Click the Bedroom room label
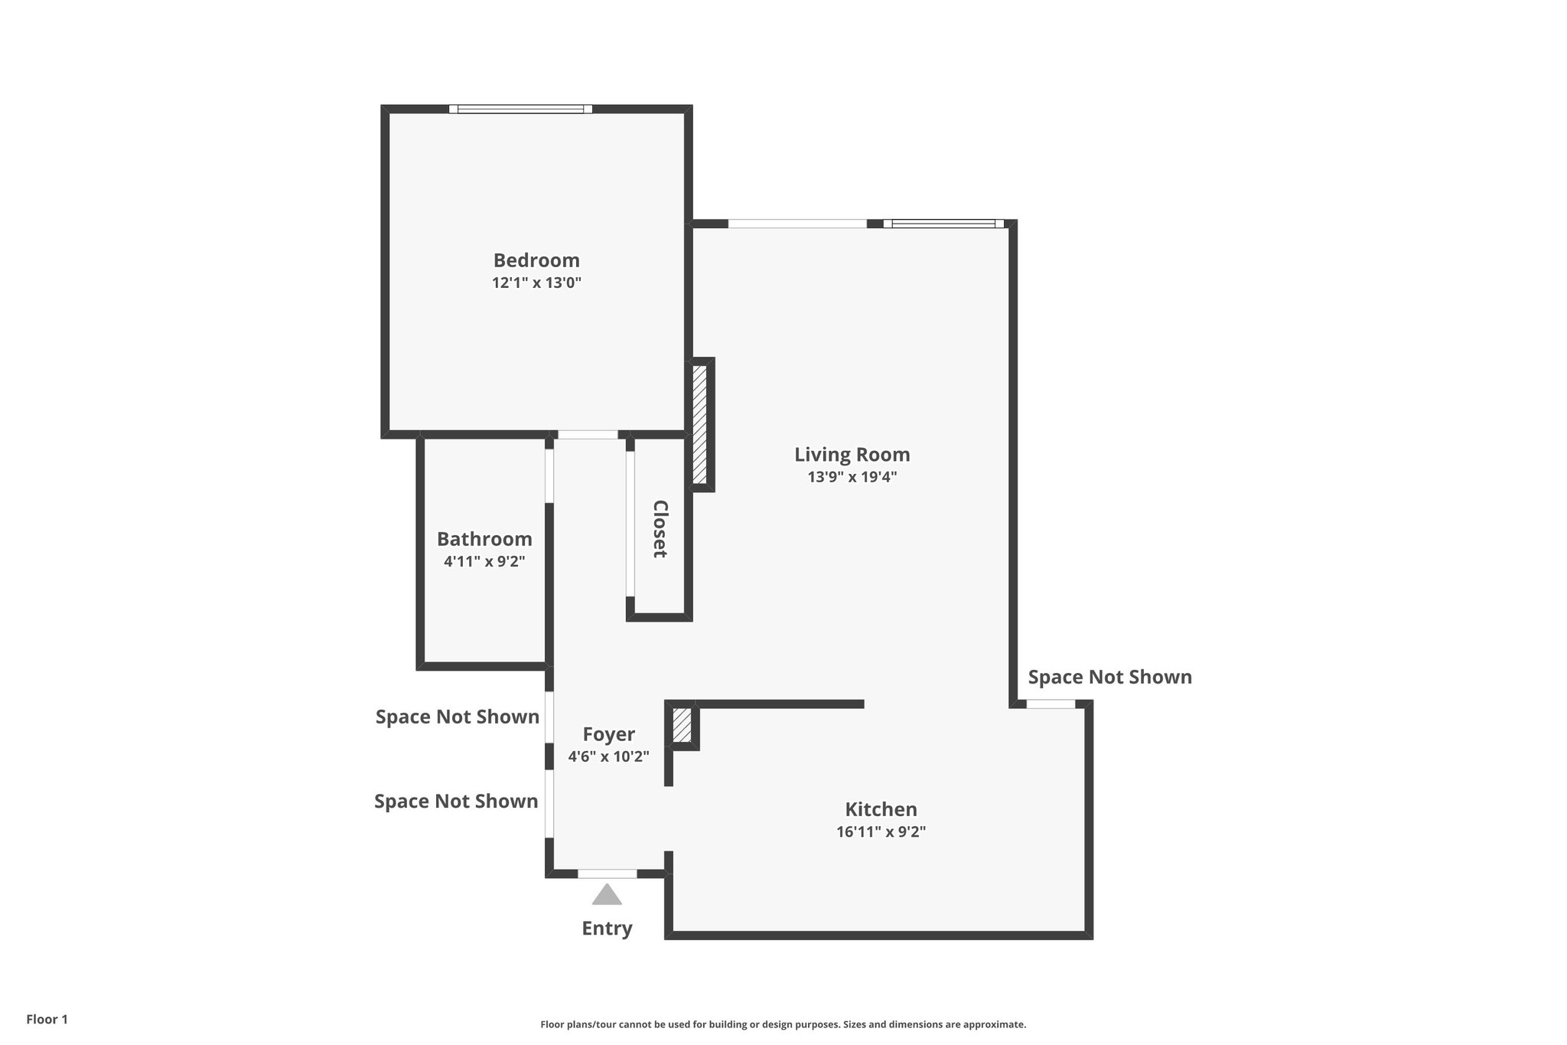(536, 260)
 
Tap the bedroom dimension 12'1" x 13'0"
(536, 283)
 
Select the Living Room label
(852, 455)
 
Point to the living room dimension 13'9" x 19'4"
(852, 477)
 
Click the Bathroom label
(484, 539)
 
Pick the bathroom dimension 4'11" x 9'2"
(484, 561)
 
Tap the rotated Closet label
(660, 529)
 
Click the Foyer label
(608, 734)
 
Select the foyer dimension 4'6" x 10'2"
(608, 757)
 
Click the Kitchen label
(881, 809)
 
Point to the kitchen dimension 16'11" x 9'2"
(881, 832)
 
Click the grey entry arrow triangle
(607, 895)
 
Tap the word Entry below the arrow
(607, 929)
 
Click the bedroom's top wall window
(520, 109)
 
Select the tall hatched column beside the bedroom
(699, 424)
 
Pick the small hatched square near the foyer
(681, 726)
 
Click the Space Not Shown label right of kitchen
(1109, 678)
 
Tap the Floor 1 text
(47, 1020)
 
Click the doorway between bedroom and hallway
(588, 435)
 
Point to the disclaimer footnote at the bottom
(783, 1024)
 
